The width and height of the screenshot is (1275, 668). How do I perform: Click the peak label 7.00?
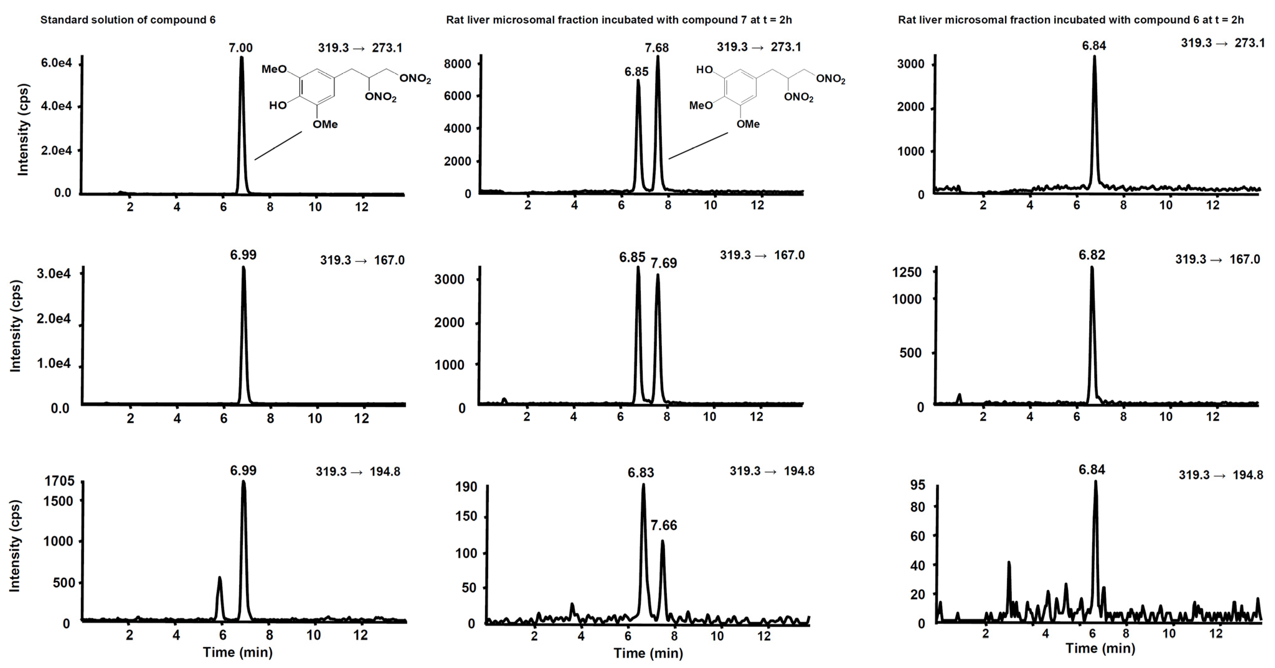[241, 48]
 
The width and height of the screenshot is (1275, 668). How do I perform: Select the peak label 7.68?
[656, 48]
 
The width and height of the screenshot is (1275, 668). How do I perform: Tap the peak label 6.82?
[1092, 255]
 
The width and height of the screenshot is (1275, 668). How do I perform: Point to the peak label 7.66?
[664, 525]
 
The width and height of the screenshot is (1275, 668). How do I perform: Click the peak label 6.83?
[641, 473]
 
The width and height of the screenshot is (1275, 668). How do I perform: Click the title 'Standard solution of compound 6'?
[128, 20]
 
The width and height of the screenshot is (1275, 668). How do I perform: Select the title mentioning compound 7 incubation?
[619, 20]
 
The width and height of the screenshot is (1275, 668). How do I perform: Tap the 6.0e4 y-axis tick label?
[56, 63]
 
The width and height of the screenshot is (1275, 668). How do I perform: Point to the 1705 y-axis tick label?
[59, 481]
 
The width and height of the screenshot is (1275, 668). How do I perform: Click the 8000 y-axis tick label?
[457, 64]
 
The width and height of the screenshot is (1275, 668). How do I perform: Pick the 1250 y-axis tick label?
[907, 272]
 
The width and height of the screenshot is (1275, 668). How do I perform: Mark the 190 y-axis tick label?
[466, 487]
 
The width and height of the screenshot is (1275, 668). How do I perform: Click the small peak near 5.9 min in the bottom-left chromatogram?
[220, 578]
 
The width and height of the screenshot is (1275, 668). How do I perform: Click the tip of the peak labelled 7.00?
[242, 57]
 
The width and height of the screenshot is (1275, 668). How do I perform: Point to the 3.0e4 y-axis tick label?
[54, 274]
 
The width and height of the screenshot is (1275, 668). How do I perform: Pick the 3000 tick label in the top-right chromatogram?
[911, 64]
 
